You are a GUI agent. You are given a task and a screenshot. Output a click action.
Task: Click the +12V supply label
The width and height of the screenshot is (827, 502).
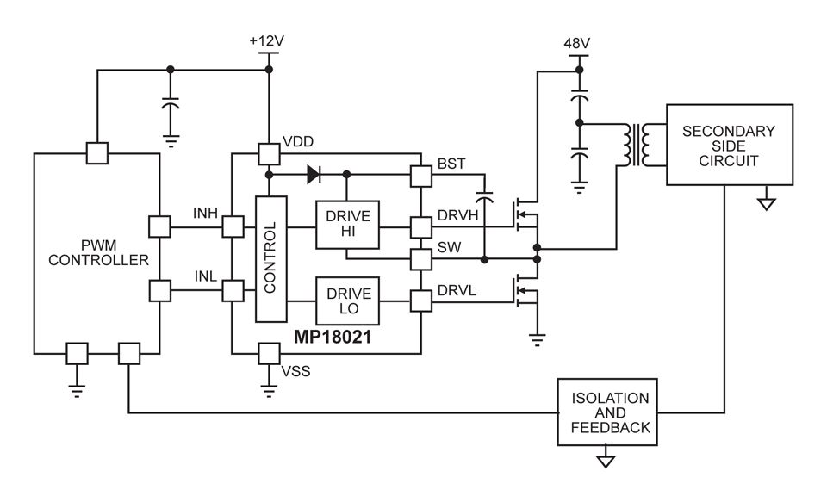click(266, 41)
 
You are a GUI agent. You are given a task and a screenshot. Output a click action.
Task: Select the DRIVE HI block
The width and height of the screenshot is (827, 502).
click(346, 226)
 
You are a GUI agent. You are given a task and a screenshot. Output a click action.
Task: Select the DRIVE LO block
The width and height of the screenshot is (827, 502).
click(346, 300)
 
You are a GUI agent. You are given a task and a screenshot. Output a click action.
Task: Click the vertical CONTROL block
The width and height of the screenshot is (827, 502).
click(270, 258)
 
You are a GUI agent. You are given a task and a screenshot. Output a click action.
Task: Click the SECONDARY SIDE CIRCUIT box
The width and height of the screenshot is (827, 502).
click(728, 145)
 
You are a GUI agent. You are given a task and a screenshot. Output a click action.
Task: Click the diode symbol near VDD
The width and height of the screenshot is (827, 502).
click(313, 174)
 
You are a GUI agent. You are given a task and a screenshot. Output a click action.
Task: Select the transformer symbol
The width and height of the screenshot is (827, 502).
click(636, 145)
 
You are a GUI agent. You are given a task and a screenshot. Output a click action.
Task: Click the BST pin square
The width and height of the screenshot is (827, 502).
click(420, 176)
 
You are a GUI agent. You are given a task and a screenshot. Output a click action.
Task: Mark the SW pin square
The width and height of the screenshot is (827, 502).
click(420, 258)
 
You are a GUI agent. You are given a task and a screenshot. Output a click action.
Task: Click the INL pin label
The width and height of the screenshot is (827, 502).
click(205, 276)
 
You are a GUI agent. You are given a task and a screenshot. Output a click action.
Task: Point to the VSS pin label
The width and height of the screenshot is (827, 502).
click(295, 371)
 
